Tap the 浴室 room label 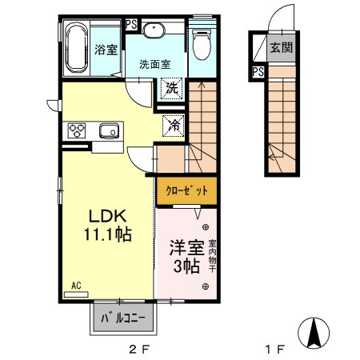coord(106,49)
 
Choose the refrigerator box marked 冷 coord(172,124)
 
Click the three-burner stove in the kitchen coord(78,130)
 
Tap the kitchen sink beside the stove coord(107,130)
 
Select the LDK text coord(104,217)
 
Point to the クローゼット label coord(186,191)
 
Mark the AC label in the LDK coord(76,285)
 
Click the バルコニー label coord(124,318)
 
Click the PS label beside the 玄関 coord(258,73)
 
